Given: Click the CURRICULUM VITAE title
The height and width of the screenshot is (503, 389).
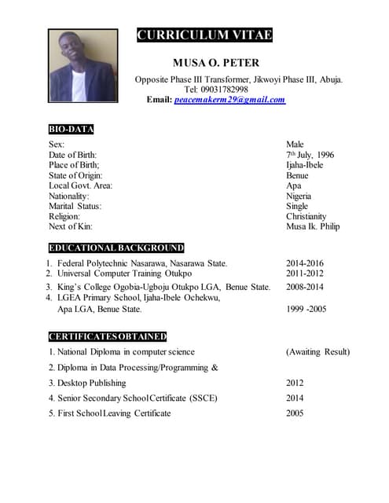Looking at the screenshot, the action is tap(204, 35).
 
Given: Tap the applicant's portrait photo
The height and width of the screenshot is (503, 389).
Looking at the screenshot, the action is tap(83, 66).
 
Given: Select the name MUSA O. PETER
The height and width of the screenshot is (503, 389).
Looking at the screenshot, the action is tap(215, 62).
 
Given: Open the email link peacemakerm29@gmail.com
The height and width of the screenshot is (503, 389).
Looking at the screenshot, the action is tap(229, 100).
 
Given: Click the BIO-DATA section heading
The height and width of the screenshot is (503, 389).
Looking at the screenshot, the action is tap(71, 129).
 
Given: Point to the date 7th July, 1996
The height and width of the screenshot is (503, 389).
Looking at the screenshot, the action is tap(310, 155).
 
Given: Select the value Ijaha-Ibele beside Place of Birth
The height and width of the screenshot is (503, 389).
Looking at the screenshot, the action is tap(304, 165).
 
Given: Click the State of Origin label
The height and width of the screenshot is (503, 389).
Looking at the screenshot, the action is tap(75, 175).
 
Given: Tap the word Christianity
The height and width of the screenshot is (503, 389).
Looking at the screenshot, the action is tap(306, 216).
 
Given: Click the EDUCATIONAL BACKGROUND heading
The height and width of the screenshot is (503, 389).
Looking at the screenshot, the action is tap(116, 248).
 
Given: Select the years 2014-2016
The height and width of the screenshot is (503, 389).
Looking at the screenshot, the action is tap(305, 263).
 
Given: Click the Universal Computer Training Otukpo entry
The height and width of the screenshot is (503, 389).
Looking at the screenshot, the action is tap(124, 274).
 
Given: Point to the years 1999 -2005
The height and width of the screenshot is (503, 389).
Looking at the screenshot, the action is tap(305, 310).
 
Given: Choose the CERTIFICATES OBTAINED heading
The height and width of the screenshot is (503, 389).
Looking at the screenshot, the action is tap(108, 336).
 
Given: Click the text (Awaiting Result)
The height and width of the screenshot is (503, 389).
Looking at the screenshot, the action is tap(317, 351).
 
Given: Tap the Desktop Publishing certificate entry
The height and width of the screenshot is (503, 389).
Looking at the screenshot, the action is tap(91, 383).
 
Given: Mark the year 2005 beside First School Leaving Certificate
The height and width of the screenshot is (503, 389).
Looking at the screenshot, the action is tap(295, 413).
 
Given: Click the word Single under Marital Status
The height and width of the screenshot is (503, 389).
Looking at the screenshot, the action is tap(297, 206).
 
